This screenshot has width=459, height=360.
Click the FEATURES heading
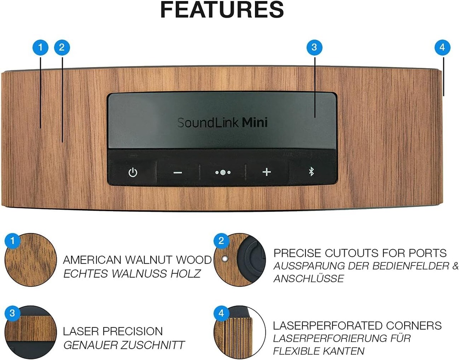point(222,10)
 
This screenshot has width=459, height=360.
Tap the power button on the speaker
point(133,172)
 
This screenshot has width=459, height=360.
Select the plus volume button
point(266,172)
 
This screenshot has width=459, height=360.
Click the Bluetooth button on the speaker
point(311,172)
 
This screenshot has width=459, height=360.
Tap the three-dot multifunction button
point(223,172)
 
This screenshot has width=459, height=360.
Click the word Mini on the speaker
point(255,123)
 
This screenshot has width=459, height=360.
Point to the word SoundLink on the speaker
point(208,123)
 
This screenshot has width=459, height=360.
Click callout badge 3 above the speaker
point(314,47)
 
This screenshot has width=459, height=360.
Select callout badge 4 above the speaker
point(442,47)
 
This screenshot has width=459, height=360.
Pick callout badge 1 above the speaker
point(40,47)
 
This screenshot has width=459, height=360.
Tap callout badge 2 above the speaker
point(62,47)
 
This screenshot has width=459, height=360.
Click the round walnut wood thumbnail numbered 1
point(31,260)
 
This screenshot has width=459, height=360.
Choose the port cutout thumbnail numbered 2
point(240,260)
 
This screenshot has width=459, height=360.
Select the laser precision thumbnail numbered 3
point(31,332)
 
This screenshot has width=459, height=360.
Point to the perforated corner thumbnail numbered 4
point(240,332)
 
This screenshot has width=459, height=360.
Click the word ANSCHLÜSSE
point(309,278)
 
